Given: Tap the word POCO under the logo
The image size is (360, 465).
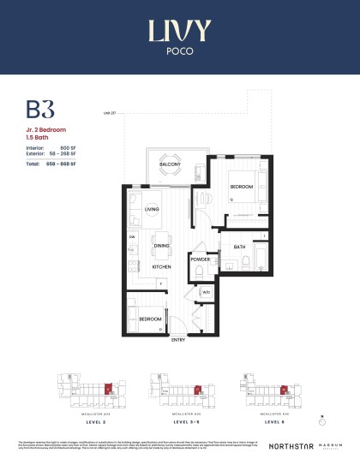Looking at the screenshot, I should point(179,51).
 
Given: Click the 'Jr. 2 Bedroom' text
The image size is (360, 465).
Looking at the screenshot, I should point(44,128).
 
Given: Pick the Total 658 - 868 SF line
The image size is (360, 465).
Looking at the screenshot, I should point(57,162).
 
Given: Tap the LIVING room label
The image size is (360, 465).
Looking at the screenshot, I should point(152,208).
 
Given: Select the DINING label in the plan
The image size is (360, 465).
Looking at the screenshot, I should point(161,246).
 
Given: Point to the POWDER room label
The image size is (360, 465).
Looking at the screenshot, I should point(200,259).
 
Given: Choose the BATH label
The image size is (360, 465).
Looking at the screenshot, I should point(238,247).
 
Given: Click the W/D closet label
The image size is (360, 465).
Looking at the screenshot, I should point(207,293).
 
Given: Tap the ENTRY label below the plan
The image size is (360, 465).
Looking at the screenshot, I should point(177,341).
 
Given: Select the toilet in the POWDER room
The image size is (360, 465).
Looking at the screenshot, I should point(199,272).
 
